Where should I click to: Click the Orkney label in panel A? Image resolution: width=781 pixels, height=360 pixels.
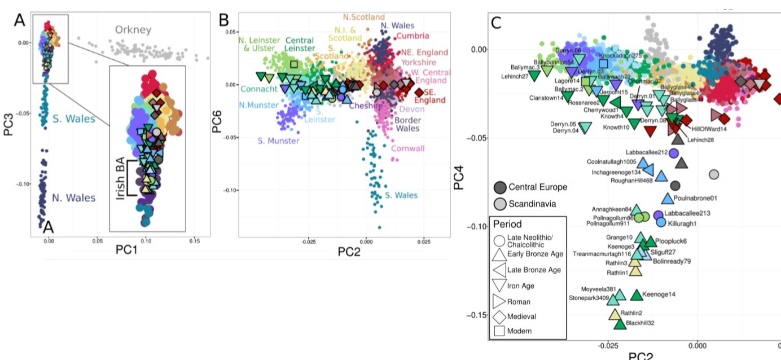(134, 29)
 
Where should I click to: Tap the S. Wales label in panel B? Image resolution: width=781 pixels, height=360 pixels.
(402, 195)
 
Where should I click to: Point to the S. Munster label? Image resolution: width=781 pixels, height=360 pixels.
(279, 141)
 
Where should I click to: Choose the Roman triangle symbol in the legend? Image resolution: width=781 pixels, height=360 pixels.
(499, 301)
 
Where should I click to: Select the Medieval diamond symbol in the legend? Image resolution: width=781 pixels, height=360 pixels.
(499, 316)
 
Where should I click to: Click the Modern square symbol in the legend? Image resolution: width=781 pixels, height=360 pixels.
(499, 331)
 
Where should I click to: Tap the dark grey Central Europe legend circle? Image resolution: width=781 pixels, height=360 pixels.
(500, 187)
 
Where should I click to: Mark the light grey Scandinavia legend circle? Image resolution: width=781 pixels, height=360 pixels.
(500, 203)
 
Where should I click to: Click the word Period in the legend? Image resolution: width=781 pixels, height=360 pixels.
(507, 224)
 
